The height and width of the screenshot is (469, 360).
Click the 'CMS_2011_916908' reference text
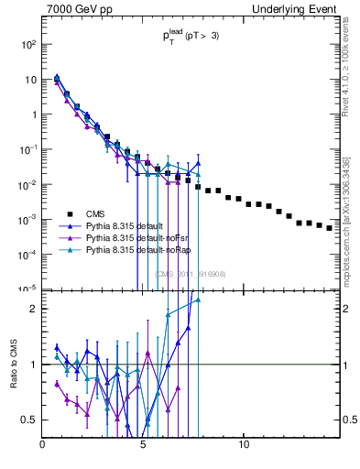[190, 274]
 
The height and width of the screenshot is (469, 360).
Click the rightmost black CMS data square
[330, 228]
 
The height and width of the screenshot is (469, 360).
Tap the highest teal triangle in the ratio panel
[198, 300]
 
